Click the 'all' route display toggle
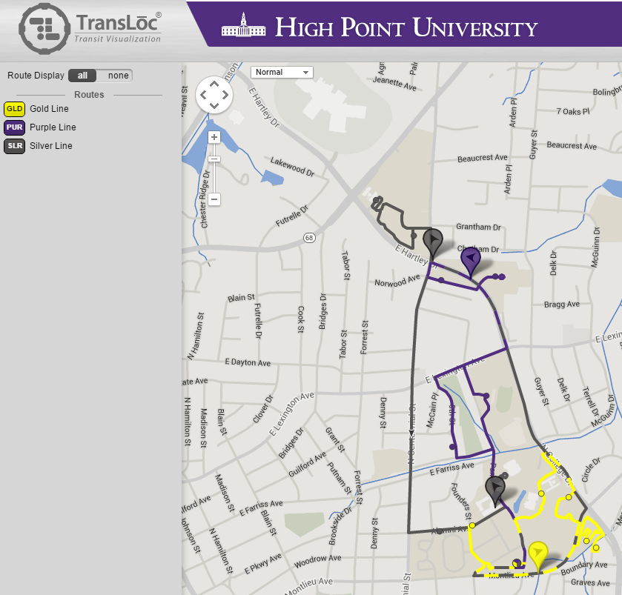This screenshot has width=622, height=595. point(82,76)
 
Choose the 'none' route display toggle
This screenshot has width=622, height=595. point(118,76)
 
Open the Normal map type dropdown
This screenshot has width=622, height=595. point(282,72)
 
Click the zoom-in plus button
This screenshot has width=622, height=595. point(214,137)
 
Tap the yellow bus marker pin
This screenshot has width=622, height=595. point(537,554)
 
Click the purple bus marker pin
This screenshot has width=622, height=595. point(471,259)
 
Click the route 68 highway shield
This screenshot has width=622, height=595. point(309,237)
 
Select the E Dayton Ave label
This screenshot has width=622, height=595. point(248,362)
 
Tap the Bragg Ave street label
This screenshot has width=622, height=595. point(561,305)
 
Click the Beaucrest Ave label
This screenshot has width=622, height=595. point(482,158)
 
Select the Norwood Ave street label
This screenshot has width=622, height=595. point(397,282)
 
